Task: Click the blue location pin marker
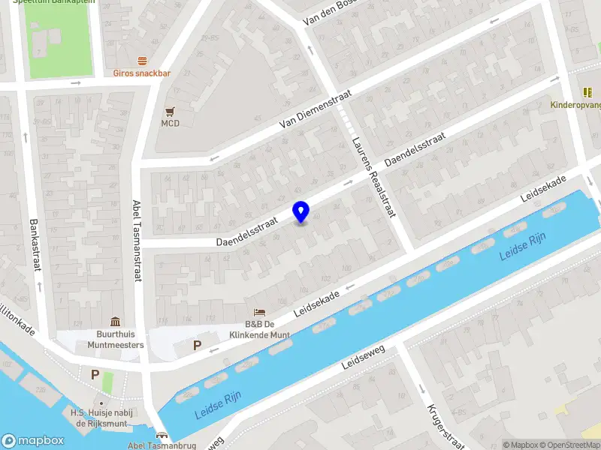300,212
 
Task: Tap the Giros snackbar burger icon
142,61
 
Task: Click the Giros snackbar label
142,73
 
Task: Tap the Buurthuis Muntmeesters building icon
115,321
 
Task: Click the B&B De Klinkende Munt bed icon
260,311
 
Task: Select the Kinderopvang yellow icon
587,92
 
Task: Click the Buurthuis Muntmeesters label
115,339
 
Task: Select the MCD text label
170,123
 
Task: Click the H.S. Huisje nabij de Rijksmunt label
98,418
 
